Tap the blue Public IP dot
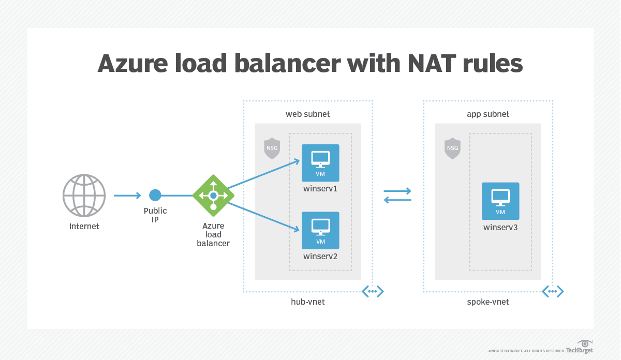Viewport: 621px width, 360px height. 155,195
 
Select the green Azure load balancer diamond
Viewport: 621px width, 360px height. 213,196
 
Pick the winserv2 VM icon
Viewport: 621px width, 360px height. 320,230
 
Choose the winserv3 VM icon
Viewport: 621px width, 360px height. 500,201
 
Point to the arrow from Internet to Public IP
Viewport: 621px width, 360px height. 127,195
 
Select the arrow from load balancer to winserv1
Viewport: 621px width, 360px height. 264,174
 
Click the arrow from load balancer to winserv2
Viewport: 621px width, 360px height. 264,216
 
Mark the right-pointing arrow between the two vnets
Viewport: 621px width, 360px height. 397,190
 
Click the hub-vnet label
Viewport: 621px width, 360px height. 308,302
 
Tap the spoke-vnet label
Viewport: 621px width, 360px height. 488,302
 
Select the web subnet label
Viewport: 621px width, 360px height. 308,114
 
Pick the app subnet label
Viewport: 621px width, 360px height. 488,114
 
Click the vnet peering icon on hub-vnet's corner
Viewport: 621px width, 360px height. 373,292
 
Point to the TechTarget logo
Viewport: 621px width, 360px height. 579,348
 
